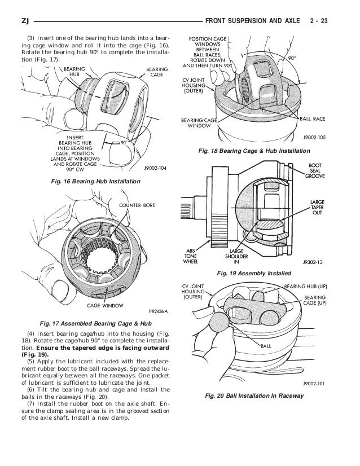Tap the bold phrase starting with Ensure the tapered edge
(x=84, y=354)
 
